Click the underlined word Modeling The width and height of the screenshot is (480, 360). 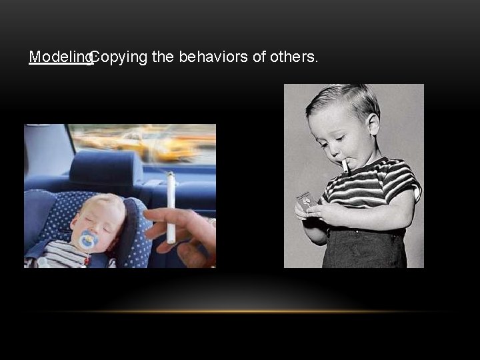[59, 57]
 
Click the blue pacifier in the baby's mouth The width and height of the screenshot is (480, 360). [87, 239]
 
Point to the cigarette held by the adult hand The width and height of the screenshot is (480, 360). [171, 207]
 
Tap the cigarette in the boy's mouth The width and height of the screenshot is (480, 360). [345, 165]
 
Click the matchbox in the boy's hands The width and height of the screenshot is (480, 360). [305, 200]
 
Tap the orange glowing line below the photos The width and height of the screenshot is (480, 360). [240, 311]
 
